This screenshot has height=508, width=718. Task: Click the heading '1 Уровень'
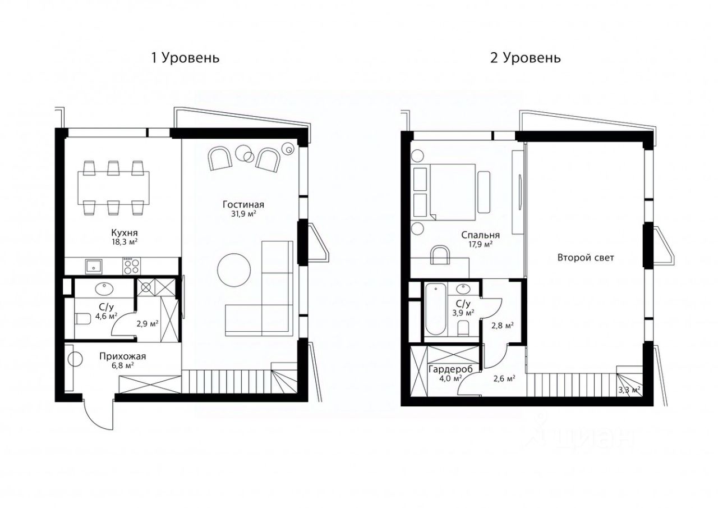coord(184,58)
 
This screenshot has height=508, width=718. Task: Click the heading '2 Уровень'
coord(525,58)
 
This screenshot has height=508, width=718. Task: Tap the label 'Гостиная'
coord(243,205)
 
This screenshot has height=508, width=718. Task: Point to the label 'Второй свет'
coord(586,258)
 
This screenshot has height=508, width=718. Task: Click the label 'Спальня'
coord(481,235)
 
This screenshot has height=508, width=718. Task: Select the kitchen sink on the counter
coord(94,266)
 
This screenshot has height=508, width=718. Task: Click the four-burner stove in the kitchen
coord(131,266)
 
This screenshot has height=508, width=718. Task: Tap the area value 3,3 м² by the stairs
coord(628,389)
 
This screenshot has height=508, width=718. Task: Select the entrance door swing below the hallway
coord(95,414)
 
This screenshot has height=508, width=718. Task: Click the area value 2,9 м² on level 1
coord(148,323)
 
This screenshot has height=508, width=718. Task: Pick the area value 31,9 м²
coord(243,214)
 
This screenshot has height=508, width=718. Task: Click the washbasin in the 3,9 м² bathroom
coord(463,290)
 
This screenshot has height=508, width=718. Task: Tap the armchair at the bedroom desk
coord(440,255)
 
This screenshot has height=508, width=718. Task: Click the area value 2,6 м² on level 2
coord(504,378)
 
